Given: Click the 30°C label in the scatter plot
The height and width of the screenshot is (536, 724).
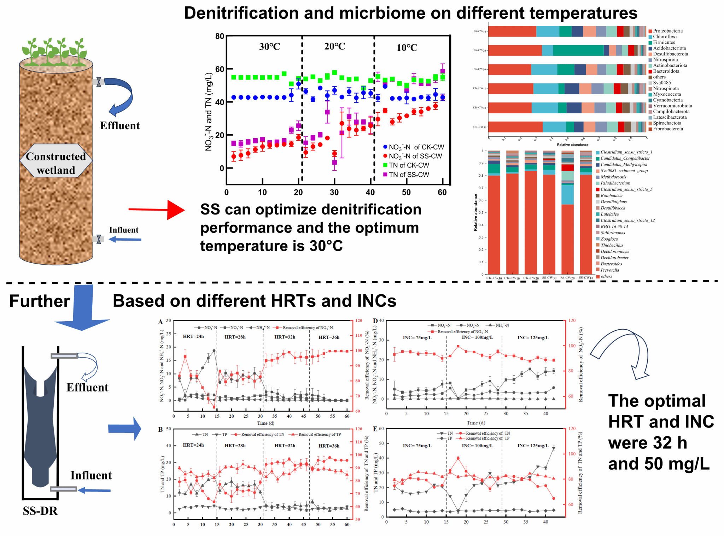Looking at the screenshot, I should [269, 46].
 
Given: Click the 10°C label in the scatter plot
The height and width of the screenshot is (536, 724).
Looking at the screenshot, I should [407, 47].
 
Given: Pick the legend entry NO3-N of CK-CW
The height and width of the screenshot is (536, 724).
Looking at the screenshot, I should [413, 147].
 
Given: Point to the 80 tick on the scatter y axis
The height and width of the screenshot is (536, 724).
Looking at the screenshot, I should [220, 36].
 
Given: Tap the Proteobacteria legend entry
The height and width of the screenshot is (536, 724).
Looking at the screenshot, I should [667, 31].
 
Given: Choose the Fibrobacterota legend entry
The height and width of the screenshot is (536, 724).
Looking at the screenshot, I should [668, 129].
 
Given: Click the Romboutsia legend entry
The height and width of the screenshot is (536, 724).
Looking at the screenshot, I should [611, 195].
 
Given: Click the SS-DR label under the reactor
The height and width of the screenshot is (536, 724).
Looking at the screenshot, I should [40, 511].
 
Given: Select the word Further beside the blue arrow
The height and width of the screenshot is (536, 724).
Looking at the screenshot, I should [40, 301].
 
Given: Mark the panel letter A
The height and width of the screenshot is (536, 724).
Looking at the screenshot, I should [160, 322].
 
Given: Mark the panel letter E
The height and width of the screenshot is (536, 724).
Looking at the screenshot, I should [375, 429].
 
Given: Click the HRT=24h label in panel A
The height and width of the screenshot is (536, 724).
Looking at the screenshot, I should [193, 336].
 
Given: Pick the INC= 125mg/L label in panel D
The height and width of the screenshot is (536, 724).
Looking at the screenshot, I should [533, 337].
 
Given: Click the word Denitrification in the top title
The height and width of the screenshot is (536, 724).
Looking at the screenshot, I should [241, 13].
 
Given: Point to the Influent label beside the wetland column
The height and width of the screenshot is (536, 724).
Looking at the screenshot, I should [124, 230].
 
